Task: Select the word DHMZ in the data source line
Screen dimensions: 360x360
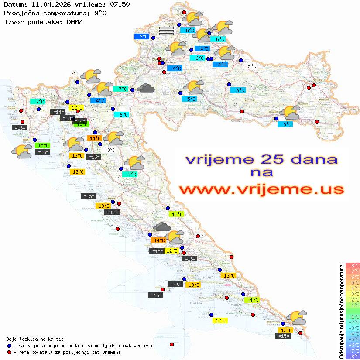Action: (74, 21)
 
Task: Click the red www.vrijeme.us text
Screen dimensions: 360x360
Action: (261, 189)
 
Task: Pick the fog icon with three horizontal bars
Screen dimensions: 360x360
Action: (166, 31)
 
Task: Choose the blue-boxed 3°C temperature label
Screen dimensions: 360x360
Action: (144, 37)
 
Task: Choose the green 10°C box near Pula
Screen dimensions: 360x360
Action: (43, 146)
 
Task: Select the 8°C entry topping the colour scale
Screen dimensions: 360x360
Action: (353, 265)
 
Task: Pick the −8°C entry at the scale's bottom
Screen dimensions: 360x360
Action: (353, 356)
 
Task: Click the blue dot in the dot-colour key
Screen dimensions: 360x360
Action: (10, 346)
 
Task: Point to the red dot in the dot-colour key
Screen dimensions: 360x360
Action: (10, 352)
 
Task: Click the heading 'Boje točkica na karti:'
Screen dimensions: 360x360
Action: (35, 339)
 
